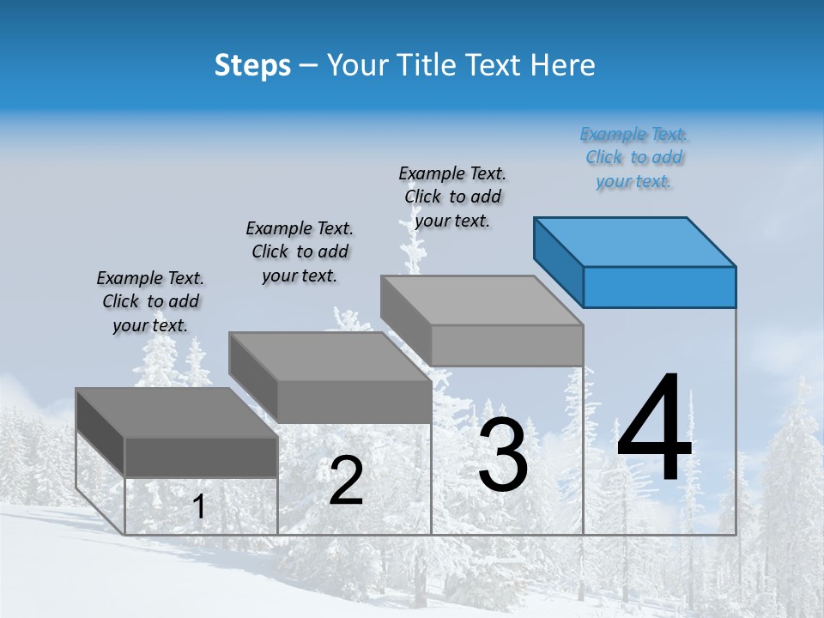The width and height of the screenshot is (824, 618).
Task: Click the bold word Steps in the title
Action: point(252,66)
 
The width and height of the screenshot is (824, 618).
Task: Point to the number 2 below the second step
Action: point(346,481)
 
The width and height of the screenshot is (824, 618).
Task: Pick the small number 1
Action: point(199,506)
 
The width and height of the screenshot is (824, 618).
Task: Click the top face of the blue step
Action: point(635,241)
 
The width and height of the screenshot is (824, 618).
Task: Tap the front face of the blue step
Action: point(659,287)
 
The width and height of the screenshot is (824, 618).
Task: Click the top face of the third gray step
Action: point(482,300)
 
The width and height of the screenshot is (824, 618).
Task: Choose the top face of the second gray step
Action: point(330,356)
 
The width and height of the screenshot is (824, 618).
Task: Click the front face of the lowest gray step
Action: point(202,457)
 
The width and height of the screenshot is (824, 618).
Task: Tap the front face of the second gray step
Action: point(354,402)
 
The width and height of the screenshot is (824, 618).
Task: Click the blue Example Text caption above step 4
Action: point(633,157)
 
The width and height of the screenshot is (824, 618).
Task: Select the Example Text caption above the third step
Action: point(452,197)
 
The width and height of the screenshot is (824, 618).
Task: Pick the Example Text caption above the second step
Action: point(300,251)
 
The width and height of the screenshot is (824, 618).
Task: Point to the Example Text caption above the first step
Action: point(150,301)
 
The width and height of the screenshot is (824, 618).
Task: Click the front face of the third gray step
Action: point(506,345)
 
